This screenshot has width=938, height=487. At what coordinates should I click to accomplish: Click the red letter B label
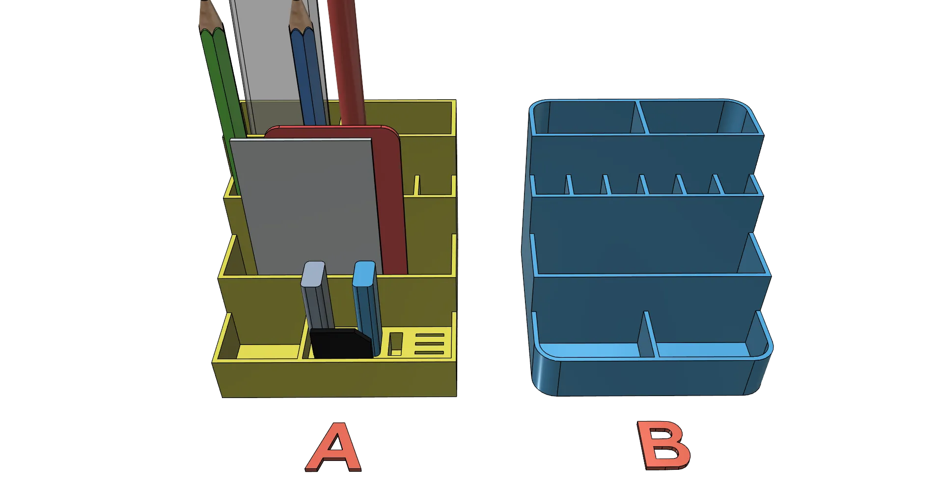[664, 445]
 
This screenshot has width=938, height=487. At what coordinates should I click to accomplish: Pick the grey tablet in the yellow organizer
[307, 206]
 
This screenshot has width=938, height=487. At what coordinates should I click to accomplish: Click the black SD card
[341, 343]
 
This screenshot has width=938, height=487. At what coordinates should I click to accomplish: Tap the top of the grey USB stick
[313, 273]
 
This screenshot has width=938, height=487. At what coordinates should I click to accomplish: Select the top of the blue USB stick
[364, 273]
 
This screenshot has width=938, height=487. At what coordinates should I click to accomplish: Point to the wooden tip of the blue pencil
[300, 15]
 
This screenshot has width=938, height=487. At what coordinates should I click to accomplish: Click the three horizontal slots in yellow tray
[430, 344]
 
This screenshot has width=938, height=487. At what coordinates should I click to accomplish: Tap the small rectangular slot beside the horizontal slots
[395, 344]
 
